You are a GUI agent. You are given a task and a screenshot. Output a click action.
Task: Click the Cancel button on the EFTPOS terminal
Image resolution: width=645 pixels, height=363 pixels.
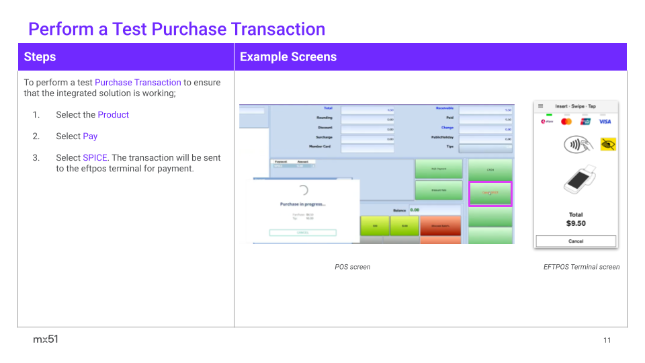pos(576,241)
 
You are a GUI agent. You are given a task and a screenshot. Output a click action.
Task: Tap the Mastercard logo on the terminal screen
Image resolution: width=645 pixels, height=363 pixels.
pos(566,122)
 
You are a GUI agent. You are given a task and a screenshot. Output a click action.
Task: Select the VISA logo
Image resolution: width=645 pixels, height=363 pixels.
pos(605,122)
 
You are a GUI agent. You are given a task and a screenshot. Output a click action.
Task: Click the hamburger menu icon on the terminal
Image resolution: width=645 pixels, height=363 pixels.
pos(541,106)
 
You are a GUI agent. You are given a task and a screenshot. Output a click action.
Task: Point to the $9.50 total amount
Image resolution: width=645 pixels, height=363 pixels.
pos(576,223)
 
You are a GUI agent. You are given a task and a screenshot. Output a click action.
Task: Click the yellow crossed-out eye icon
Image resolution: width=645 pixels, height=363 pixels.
pos(608,144)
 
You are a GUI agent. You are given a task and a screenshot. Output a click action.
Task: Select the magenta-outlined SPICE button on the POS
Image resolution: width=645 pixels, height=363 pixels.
pos(490,194)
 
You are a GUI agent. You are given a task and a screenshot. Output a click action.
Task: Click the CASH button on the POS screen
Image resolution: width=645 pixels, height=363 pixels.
pos(490,169)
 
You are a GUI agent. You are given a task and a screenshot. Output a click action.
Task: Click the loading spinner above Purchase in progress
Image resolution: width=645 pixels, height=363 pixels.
pos(302,190)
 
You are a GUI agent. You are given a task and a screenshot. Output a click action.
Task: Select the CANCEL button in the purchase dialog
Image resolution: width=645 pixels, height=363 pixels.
pos(302,233)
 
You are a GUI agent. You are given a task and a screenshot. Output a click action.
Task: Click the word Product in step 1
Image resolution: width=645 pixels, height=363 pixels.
pos(113,115)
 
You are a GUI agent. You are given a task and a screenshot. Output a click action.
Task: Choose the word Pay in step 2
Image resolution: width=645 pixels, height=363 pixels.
pos(90,136)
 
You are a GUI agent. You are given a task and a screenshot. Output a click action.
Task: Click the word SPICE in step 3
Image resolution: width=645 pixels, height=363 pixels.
pos(95,158)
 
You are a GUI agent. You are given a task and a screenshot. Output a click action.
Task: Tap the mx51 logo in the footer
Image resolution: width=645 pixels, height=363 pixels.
pos(46,339)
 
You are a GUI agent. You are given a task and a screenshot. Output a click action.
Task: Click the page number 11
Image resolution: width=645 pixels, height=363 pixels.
pos(607,340)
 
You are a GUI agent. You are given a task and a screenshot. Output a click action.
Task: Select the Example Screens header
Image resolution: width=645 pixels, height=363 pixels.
pos(288,57)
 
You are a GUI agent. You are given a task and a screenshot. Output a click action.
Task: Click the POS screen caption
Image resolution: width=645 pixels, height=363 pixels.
pos(353,267)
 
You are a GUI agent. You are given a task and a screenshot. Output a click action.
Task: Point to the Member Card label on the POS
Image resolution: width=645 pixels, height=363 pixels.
pos(320,146)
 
